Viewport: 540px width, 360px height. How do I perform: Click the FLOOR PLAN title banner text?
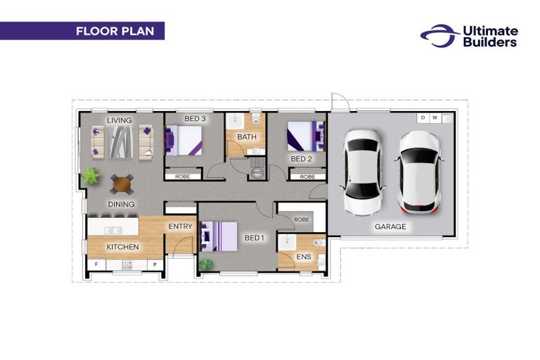[115, 31]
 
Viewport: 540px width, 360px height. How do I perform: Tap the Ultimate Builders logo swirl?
[439, 35]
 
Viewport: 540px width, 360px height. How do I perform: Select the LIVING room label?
[119, 120]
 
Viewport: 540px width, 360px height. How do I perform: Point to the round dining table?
[122, 184]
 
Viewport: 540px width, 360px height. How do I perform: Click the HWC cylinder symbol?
[257, 172]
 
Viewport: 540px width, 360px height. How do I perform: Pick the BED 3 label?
[195, 119]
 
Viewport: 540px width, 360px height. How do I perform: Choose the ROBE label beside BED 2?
[307, 176]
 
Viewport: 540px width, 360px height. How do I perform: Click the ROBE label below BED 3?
[183, 176]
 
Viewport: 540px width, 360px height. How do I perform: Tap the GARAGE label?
[390, 226]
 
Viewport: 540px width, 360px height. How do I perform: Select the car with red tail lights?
[420, 172]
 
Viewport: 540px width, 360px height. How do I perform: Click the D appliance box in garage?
[423, 118]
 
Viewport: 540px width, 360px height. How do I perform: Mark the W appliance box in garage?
[435, 118]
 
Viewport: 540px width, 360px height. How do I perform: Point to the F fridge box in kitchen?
[96, 264]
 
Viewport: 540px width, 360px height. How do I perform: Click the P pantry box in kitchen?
[155, 264]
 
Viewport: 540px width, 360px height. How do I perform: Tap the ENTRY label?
[180, 226]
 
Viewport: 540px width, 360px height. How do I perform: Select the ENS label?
[304, 257]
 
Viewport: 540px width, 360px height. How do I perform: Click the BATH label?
[247, 137]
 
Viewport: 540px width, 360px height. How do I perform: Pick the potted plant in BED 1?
[206, 264]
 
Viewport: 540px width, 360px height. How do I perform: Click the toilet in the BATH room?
[255, 119]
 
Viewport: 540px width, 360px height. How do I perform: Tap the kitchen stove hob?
[127, 265]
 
